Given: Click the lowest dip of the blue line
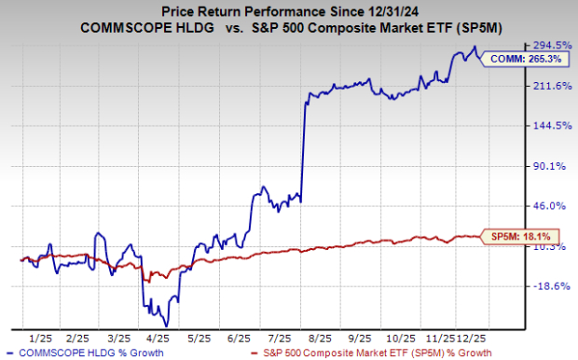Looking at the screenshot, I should pos(166,323).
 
